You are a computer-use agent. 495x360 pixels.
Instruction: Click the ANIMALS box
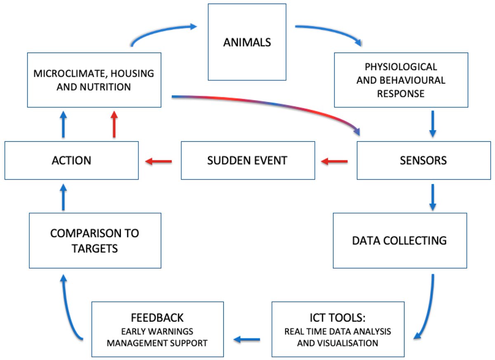coord(247,42)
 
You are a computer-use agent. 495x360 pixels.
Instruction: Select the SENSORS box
coord(423,161)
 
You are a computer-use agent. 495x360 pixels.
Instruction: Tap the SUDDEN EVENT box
coord(247,161)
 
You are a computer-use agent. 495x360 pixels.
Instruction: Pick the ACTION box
coord(71,161)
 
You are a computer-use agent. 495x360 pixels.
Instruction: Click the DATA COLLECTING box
coord(400,240)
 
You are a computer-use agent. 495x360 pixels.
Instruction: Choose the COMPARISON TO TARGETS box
coord(95,240)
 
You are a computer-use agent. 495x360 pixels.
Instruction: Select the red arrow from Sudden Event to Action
coord(159,161)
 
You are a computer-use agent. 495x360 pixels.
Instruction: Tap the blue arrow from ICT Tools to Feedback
coord(247,339)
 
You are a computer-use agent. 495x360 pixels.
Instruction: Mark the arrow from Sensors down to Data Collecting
coord(432,197)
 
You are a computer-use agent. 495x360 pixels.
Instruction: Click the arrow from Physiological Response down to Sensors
coord(432,123)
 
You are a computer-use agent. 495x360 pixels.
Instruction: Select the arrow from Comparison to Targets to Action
coord(63,197)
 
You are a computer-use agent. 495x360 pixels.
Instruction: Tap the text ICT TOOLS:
coord(338,317)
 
